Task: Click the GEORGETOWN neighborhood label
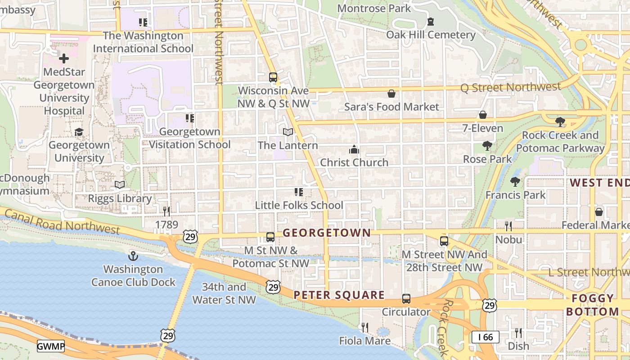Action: (327, 233)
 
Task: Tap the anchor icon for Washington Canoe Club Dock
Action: (133, 256)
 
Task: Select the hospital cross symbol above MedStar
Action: (63, 58)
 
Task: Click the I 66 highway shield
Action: (485, 337)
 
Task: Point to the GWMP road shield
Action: (51, 346)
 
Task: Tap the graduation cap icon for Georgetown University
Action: (79, 132)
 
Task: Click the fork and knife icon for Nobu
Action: (508, 226)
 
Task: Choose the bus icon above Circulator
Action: (406, 299)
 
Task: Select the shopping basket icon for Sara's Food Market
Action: (391, 94)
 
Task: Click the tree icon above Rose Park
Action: (487, 146)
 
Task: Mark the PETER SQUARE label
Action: (339, 295)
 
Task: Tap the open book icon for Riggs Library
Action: (120, 185)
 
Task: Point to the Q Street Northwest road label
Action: (510, 87)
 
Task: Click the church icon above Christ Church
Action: (354, 149)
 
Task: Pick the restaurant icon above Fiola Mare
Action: (365, 327)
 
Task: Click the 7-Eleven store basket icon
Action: (483, 115)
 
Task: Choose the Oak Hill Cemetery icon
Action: (431, 22)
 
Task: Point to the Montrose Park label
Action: (374, 8)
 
